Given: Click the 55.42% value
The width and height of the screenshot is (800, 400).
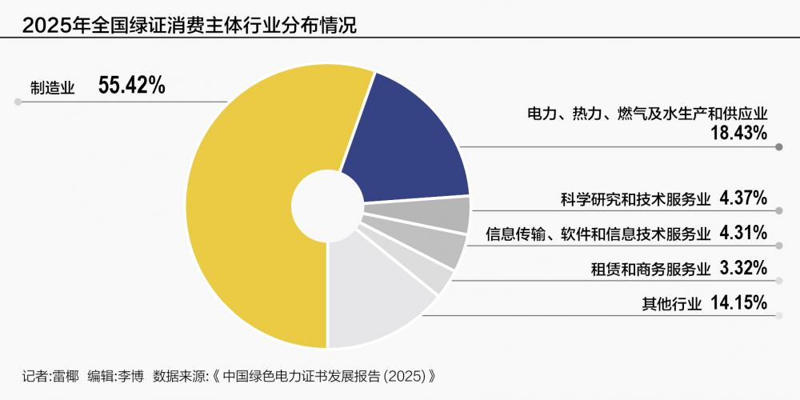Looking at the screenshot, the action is coord(132,86).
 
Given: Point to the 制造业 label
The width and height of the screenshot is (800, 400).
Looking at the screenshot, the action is coord(53,88).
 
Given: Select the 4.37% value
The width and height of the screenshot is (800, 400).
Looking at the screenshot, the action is coord(743,198).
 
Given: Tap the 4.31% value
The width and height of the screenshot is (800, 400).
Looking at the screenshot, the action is coord(743,233).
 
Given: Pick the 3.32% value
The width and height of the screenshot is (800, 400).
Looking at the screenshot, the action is coord(743,267).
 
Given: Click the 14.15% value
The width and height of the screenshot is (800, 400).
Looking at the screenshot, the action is coord(738,302).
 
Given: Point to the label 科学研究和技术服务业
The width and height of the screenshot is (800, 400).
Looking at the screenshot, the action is coord(635,199).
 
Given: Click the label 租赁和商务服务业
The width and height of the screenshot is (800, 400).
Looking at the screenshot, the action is coord(650,269).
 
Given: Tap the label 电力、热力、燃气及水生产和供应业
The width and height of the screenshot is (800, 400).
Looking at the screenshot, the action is coord(647,114).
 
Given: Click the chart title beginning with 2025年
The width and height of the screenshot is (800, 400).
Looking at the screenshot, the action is coord(190,26).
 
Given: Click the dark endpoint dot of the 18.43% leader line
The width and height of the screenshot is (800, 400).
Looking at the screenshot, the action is coord(778,147).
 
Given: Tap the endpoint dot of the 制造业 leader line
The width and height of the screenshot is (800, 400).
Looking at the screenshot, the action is coord(18,102).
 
